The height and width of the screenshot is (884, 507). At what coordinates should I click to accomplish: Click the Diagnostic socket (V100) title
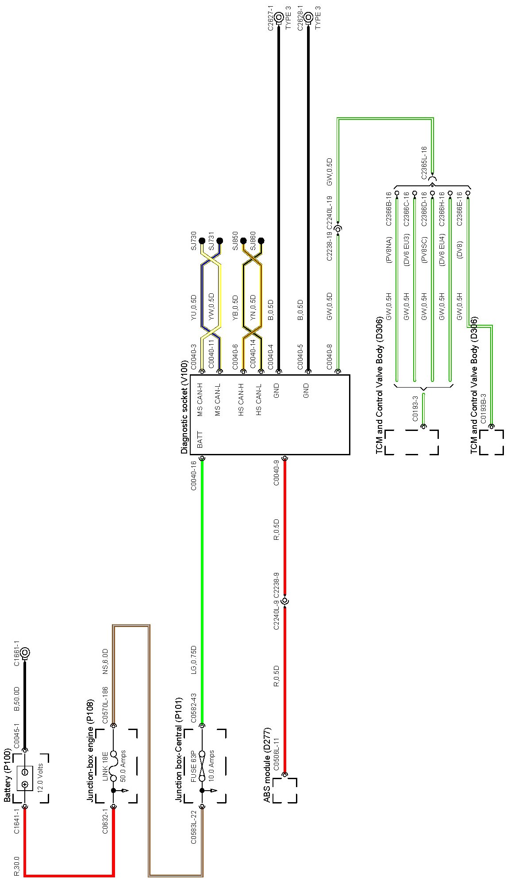coord(184,407)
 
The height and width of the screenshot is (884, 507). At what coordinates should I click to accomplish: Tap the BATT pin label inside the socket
coord(200,440)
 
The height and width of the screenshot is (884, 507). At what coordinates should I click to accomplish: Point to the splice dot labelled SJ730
coord(202,241)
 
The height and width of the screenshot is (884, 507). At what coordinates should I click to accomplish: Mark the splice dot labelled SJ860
coord(261,241)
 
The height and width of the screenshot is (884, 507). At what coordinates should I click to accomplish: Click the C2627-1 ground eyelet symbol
coord(279,18)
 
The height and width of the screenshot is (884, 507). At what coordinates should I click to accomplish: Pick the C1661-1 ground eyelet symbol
coord(25,652)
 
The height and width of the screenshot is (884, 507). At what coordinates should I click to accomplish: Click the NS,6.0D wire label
coord(105,661)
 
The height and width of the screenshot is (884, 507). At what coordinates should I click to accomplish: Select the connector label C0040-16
coord(193,476)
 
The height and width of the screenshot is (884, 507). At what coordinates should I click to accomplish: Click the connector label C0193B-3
coord(483,408)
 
